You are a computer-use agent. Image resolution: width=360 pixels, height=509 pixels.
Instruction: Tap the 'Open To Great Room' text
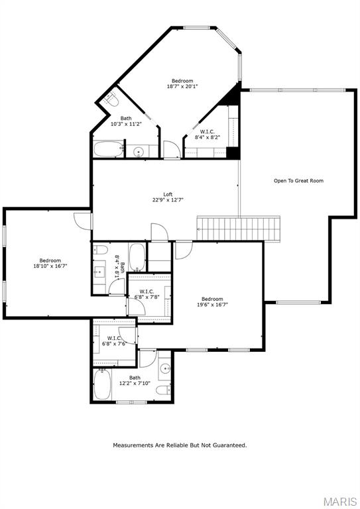(x=298, y=180)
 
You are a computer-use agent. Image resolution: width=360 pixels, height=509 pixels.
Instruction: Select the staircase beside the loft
(x=240, y=229)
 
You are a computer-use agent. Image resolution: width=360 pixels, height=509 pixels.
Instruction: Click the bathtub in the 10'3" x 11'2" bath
(x=107, y=149)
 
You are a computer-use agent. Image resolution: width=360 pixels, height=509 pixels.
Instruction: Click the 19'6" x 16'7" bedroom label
(x=212, y=302)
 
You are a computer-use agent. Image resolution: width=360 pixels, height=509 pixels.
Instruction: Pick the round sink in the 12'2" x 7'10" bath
(x=164, y=368)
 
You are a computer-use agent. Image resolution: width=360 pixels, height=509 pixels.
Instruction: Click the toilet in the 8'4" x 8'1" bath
(x=100, y=250)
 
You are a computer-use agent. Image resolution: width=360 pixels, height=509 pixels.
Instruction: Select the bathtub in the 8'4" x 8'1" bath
(x=137, y=257)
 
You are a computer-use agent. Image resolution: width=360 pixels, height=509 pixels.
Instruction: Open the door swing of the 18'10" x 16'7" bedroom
(x=83, y=221)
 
